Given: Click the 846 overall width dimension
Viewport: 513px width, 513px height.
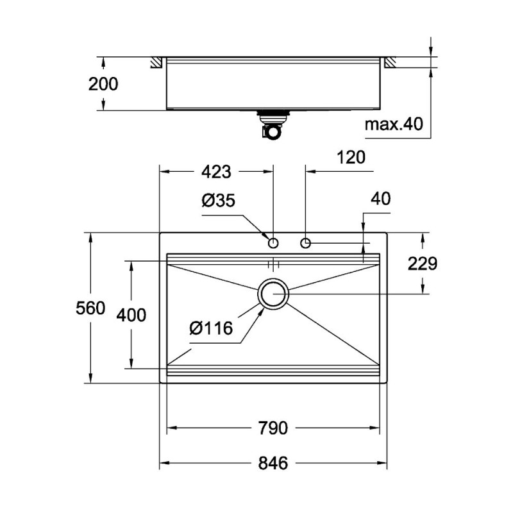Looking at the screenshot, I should pos(273,462).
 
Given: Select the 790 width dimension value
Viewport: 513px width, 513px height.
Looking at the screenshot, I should pos(273,428).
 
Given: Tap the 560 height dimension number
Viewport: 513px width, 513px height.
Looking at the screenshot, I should pos(91,308).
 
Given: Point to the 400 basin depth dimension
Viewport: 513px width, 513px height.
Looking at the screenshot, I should pos(131,315).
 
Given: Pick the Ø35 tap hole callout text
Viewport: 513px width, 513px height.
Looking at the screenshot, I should pos(218,200).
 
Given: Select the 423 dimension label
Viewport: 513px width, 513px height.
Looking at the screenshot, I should pos(217,171).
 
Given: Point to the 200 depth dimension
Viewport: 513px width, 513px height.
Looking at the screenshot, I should pos(103,83).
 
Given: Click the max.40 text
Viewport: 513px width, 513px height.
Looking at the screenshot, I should pos(394,124).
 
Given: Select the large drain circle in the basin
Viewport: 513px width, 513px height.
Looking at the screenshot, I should pos(274,294).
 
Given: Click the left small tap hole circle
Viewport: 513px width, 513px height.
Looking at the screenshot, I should pos(273,243).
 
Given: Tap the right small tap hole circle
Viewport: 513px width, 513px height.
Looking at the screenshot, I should pos(305,243).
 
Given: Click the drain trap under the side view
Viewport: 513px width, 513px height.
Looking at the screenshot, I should pos(270,125).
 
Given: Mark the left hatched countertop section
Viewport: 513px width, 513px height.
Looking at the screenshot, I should pos(156,62).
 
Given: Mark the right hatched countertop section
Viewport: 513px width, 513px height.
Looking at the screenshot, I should pos(391,62).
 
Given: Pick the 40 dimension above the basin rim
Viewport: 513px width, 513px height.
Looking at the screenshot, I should pos(381,199).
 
